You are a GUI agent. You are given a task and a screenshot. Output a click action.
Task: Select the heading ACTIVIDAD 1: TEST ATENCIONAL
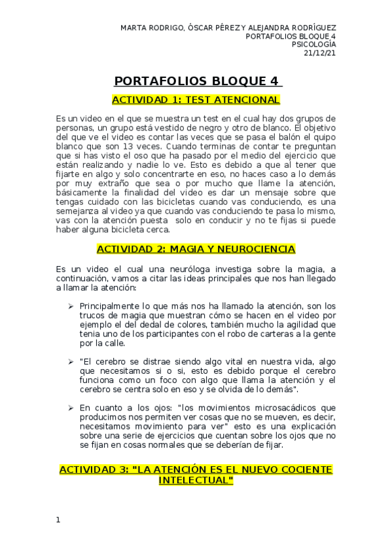tap(196, 100)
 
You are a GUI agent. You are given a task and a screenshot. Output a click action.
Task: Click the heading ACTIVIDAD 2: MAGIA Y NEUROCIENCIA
tap(196, 249)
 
